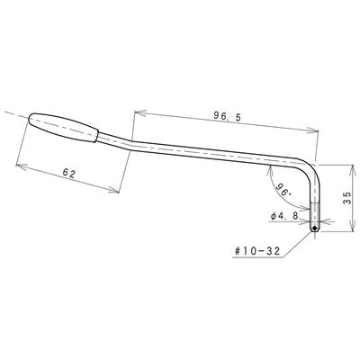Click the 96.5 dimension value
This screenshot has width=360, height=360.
[227, 116]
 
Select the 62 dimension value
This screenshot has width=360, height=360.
[69, 174]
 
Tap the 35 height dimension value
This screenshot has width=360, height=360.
[346, 198]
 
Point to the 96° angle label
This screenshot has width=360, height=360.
[283, 189]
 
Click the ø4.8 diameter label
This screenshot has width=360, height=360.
[284, 216]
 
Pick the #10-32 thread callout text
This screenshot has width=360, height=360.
[256, 251]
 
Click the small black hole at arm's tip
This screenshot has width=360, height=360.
[314, 229]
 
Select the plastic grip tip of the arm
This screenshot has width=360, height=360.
[64, 127]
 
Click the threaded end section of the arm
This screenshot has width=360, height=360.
[314, 218]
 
